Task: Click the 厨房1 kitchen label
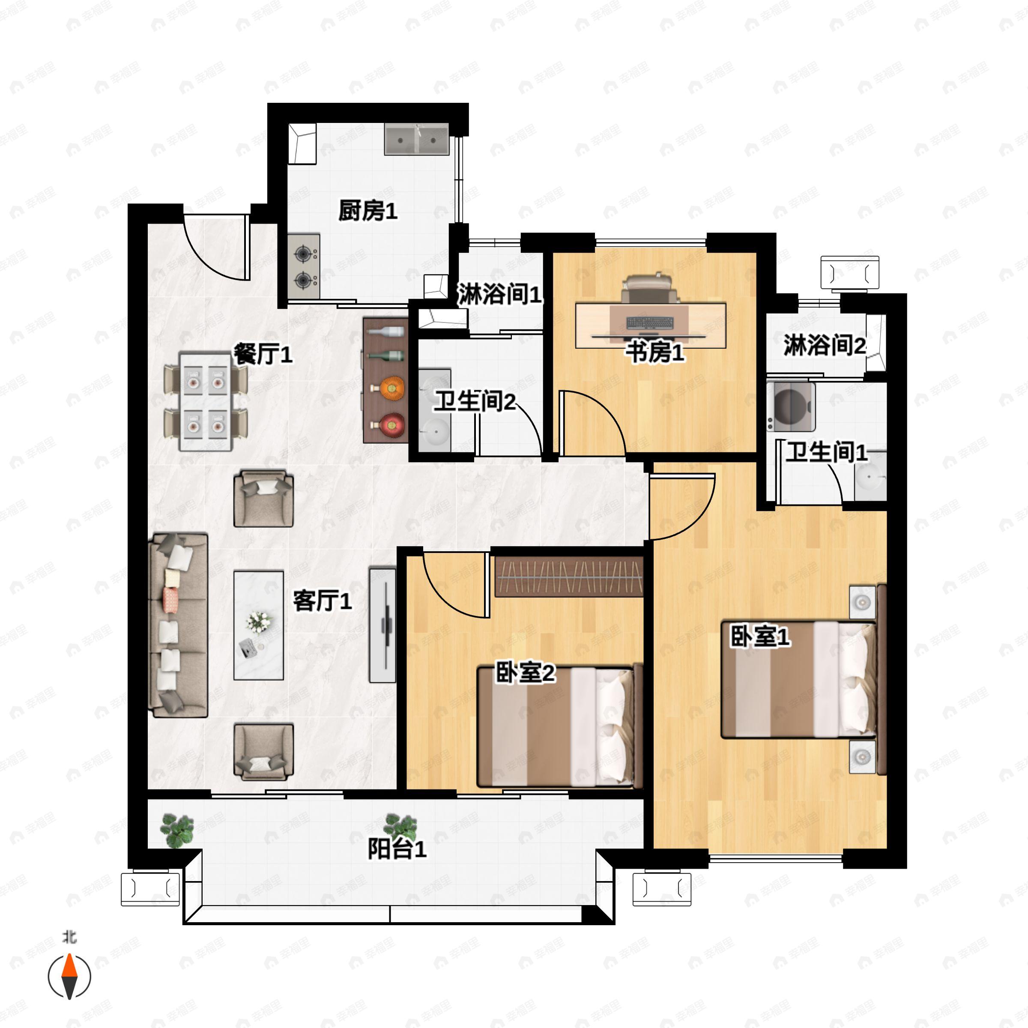click(368, 211)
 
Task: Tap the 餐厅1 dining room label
click(263, 354)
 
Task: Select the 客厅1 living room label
click(323, 601)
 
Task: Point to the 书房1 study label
click(654, 352)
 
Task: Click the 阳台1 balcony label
click(397, 849)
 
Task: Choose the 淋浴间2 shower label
click(824, 345)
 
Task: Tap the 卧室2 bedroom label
click(525, 672)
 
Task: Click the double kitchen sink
click(417, 139)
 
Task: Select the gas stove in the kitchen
click(304, 266)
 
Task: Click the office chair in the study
click(650, 288)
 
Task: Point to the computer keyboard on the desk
click(650, 323)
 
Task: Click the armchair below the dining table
click(263, 498)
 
